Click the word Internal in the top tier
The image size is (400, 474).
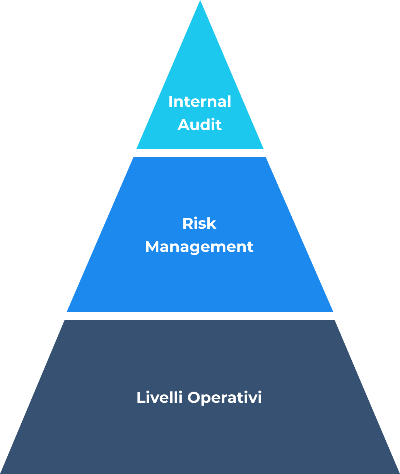(200, 102)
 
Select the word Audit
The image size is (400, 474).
(200, 125)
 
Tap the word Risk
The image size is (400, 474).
(199, 224)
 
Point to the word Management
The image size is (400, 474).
(199, 247)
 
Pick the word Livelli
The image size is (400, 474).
(159, 398)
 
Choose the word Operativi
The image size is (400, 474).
(225, 398)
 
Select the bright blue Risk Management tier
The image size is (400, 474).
(200, 279)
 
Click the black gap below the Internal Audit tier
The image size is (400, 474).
(200, 153)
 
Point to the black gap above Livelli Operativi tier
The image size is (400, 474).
(200, 316)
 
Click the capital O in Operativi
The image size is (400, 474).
(194, 398)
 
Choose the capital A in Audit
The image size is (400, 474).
(183, 125)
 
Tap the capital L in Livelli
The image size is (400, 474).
(140, 398)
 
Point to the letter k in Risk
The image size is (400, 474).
(212, 224)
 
